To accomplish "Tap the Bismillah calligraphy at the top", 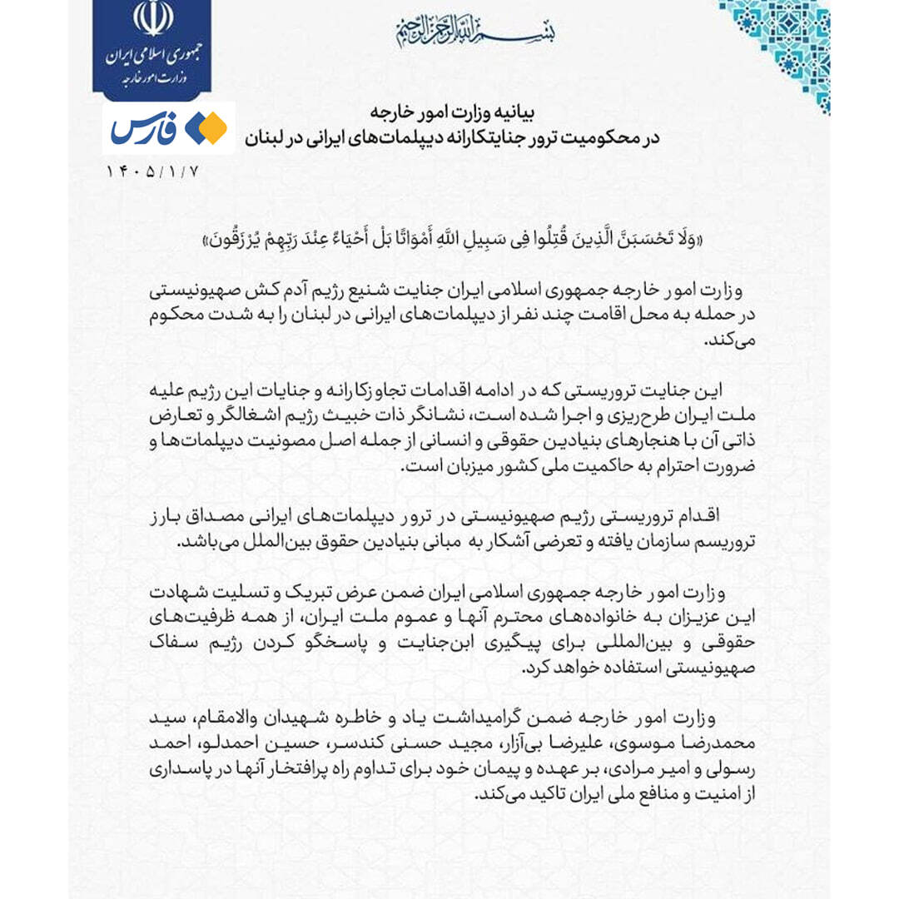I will [x=475, y=31].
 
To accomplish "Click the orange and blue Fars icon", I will [x=206, y=128].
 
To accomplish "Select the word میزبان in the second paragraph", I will [x=458, y=467].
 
